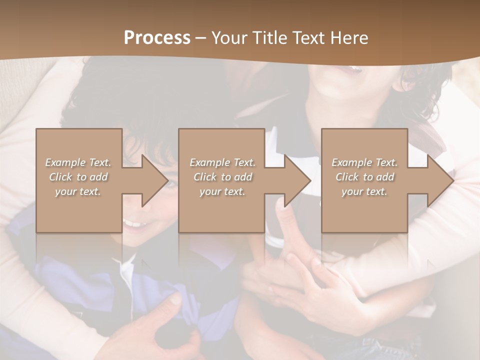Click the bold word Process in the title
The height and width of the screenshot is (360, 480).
coord(157,38)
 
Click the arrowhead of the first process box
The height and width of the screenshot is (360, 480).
coord(155,180)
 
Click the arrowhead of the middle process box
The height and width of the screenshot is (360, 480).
coord(298,180)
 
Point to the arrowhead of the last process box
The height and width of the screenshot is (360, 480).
coord(440,180)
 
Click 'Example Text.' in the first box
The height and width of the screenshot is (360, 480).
coord(78,162)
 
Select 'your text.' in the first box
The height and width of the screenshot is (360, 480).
coord(78,191)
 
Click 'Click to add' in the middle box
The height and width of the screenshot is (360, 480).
coord(222,177)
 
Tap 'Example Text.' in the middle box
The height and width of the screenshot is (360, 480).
coord(222,162)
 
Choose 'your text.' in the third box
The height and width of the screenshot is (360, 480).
coord(364,191)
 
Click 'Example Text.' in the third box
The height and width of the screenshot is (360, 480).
coord(364,162)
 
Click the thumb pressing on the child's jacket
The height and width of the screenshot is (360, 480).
coord(173,300)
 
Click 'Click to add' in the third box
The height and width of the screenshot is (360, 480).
coord(364,177)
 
